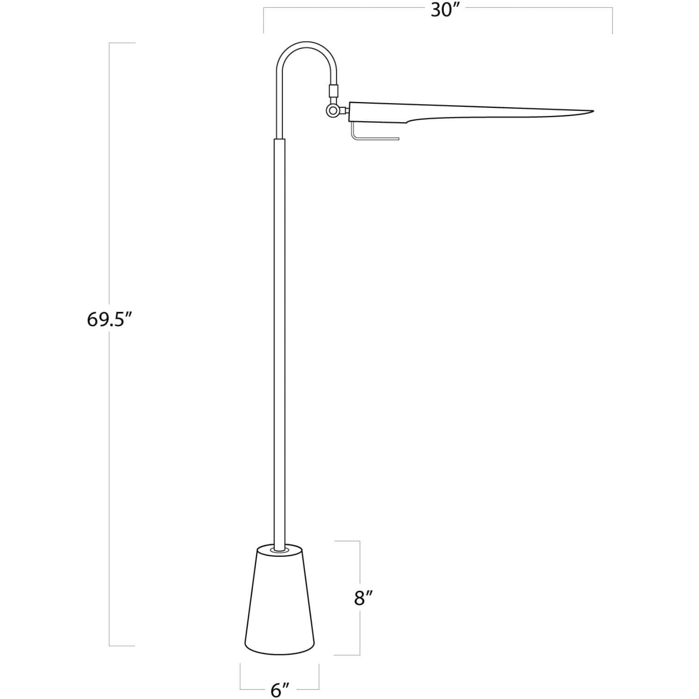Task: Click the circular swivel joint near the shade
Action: pos(331,110)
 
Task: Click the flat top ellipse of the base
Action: pos(280,551)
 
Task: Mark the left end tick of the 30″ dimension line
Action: pos(264,21)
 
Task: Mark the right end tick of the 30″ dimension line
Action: pos(613,21)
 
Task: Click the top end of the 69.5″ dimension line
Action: pos(121,43)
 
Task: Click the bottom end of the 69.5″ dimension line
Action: pos(121,646)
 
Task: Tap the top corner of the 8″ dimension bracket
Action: pos(359,541)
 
